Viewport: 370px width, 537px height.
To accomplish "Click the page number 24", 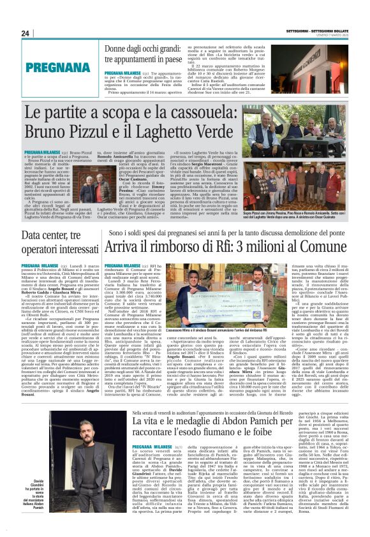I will [26, 33].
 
